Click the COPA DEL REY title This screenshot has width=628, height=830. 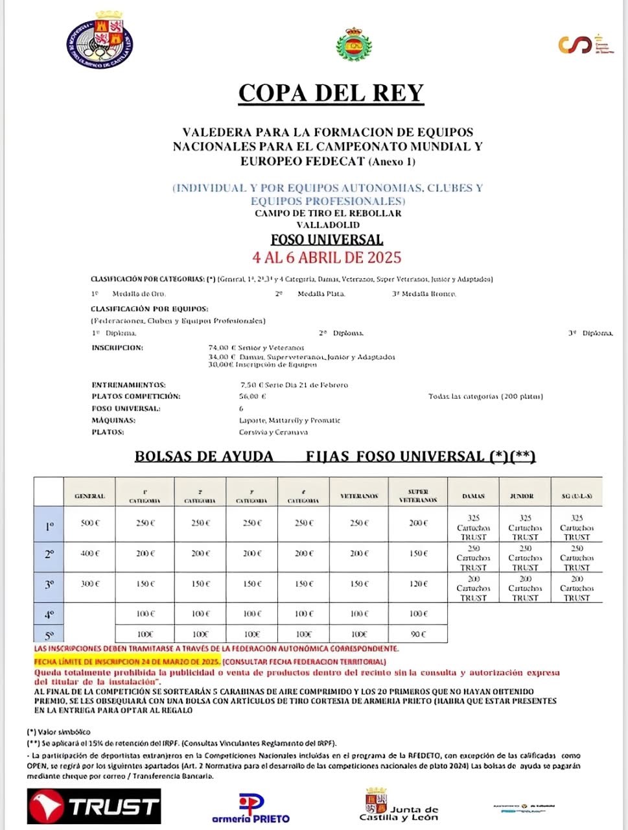(x=331, y=93)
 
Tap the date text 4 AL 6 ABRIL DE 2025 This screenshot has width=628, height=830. (x=327, y=257)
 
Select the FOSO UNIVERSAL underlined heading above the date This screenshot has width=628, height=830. (x=327, y=240)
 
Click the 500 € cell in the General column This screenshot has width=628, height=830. (x=89, y=523)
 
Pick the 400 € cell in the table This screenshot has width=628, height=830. (x=89, y=554)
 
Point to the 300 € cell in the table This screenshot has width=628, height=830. (x=89, y=584)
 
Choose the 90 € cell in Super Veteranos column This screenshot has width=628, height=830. (x=418, y=634)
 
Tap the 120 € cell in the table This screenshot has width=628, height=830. (x=418, y=584)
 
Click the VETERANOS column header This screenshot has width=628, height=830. (x=359, y=496)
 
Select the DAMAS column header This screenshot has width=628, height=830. (x=474, y=496)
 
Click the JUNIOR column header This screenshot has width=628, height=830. (x=525, y=496)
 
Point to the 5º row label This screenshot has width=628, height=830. (x=49, y=635)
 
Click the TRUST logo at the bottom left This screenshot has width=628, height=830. (x=94, y=807)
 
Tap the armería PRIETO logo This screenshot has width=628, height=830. (x=251, y=809)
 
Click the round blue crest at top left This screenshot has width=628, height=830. (x=100, y=41)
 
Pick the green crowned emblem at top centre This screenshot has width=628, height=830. (x=353, y=45)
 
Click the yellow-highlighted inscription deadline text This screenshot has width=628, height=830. (x=127, y=661)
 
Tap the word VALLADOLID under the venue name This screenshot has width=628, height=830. (x=328, y=225)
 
